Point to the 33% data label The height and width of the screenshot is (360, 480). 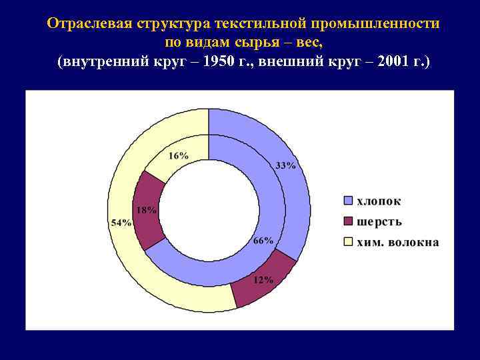(x=285, y=165)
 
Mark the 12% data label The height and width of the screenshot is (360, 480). (x=263, y=280)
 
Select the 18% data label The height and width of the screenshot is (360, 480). (x=147, y=210)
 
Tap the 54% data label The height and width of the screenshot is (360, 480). (x=121, y=223)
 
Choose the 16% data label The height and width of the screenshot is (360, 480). (x=178, y=155)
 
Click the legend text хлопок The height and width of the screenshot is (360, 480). (x=379, y=201)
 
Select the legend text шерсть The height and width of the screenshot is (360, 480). (x=379, y=221)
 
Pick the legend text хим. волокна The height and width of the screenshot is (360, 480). (x=398, y=242)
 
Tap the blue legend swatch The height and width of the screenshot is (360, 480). (x=347, y=201)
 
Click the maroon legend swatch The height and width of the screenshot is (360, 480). (x=347, y=221)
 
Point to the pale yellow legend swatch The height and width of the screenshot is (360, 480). (x=347, y=242)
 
